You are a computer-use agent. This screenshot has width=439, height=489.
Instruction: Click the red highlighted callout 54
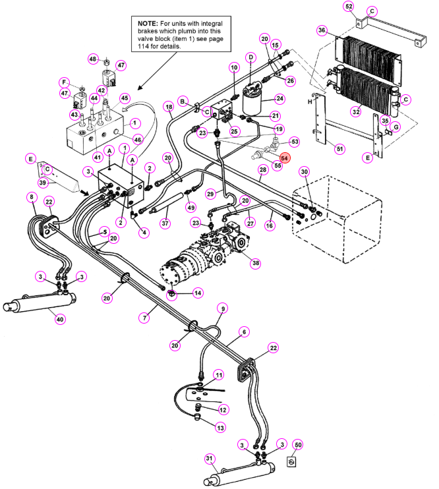(284, 158)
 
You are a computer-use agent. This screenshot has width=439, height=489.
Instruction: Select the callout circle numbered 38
(256, 263)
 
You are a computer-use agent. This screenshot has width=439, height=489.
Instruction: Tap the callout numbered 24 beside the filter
(280, 99)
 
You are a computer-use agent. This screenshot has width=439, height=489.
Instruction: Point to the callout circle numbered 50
(299, 445)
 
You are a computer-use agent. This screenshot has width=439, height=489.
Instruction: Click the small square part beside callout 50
(291, 462)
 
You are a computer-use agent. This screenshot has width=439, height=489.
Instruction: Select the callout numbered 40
(60, 319)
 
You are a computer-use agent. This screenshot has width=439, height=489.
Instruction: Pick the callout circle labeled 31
(210, 459)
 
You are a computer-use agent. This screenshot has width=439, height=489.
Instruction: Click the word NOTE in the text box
(148, 24)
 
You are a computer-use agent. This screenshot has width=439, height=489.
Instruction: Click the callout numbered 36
(322, 30)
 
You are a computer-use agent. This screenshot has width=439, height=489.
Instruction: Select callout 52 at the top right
(349, 7)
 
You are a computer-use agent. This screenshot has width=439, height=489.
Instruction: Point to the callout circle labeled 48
(93, 59)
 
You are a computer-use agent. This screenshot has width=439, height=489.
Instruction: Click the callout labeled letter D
(251, 57)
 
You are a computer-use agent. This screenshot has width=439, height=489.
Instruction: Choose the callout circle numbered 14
(198, 293)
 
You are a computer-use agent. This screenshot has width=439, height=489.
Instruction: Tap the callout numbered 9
(223, 308)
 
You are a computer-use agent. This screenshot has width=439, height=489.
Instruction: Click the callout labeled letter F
(65, 82)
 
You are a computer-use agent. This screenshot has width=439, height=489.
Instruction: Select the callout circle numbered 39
(43, 183)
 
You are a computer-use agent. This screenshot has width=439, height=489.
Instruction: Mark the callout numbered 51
(339, 149)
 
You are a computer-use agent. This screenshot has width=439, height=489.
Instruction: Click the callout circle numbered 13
(221, 428)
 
